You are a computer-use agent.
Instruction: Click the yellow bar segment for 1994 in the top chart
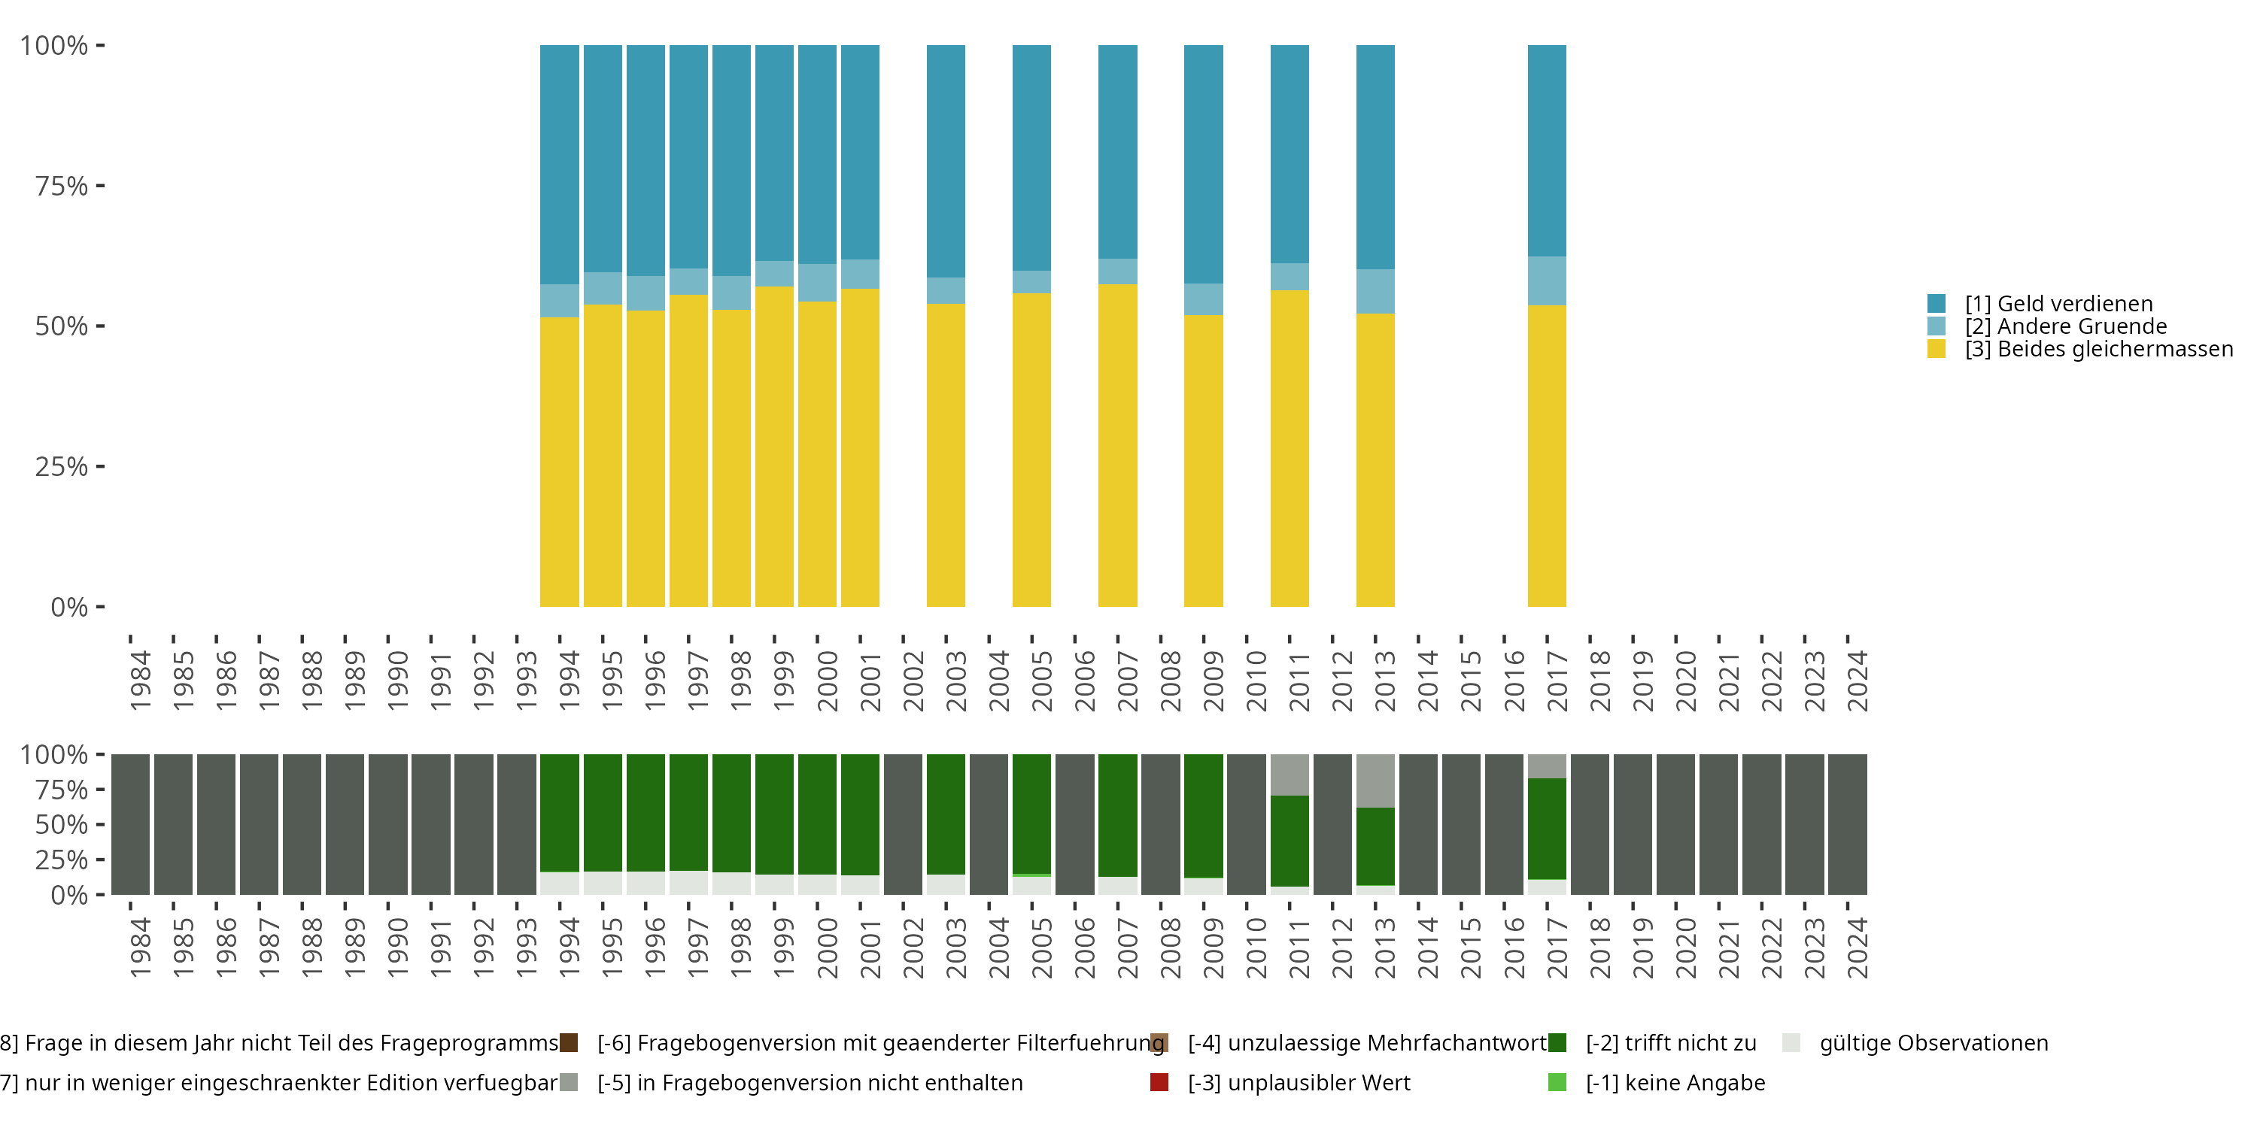point(559,462)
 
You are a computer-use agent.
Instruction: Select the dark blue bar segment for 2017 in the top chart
point(1547,150)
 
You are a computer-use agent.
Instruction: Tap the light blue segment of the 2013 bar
point(1375,291)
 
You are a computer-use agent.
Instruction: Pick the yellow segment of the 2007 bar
point(1117,445)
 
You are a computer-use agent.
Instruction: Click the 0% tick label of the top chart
point(69,607)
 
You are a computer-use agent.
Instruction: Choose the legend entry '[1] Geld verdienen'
point(2058,304)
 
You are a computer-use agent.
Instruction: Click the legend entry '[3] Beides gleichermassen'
point(2098,350)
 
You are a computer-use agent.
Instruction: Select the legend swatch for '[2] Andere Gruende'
point(1937,326)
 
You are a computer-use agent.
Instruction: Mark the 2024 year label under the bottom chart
point(1857,948)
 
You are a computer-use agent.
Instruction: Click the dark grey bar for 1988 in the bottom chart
point(302,824)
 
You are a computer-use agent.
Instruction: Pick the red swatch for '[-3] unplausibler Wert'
point(1159,1082)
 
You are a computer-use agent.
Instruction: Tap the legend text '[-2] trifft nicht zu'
point(1671,1043)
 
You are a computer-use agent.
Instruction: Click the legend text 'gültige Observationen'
point(1933,1043)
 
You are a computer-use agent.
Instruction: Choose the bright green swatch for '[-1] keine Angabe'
point(1557,1082)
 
